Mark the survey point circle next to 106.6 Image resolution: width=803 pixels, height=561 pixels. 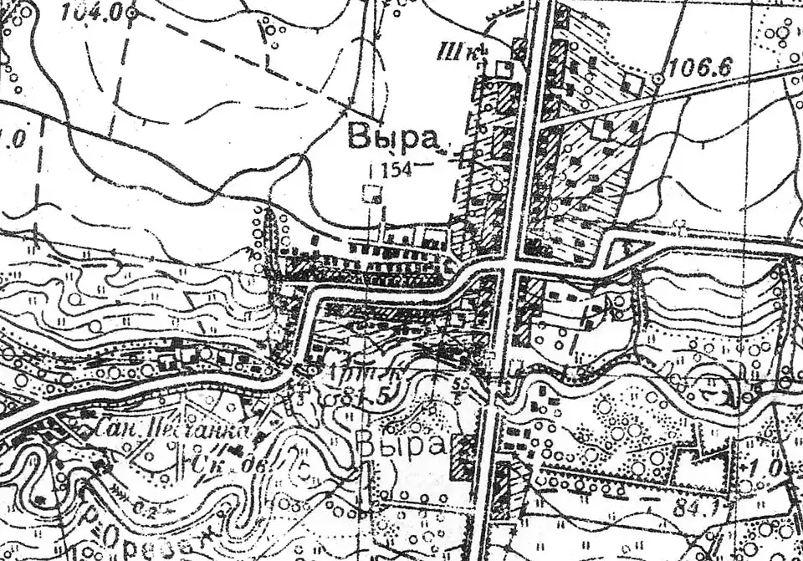(x=658, y=78)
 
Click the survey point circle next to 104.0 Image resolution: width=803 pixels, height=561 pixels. (x=131, y=13)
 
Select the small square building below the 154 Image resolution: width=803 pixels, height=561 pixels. (x=372, y=195)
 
